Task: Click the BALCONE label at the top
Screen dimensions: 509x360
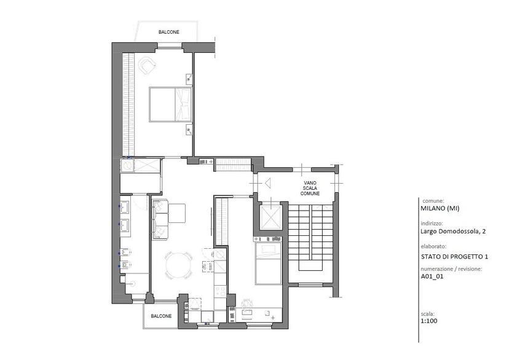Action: coord(169,32)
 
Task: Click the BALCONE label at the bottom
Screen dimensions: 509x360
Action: coord(161,316)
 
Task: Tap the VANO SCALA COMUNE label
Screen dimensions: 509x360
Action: coord(310,188)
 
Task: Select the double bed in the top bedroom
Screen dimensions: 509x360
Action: coord(170,104)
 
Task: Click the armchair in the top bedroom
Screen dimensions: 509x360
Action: coord(147,65)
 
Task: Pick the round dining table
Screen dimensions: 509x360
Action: coord(178,265)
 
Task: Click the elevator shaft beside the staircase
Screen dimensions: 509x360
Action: coord(270,216)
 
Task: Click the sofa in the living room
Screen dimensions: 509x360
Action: coord(160,219)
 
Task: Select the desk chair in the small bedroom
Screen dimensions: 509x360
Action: coord(247,303)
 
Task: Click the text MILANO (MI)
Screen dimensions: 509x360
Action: coord(440,208)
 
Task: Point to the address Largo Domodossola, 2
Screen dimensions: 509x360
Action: coord(453,232)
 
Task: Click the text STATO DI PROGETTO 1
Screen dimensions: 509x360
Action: coord(454,257)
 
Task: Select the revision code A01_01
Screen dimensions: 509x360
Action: coord(432,276)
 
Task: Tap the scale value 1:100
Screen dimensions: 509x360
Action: coord(429,321)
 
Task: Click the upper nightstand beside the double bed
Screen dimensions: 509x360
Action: coord(189,78)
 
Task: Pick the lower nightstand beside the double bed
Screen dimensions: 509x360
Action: coord(189,130)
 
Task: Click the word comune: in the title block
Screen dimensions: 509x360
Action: coord(433,201)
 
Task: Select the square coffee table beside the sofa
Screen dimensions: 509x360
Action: coord(177,213)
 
